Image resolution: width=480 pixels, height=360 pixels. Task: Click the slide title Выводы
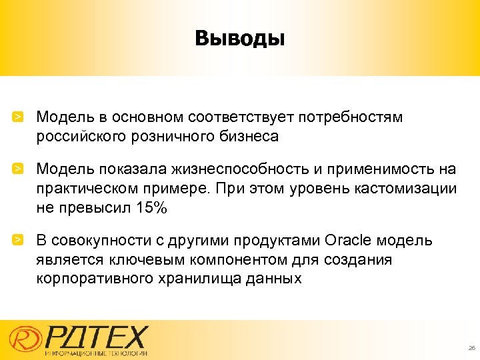[x=239, y=38]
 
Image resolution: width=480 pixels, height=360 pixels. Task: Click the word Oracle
[x=350, y=240]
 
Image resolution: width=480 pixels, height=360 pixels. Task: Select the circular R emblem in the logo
[x=25, y=339]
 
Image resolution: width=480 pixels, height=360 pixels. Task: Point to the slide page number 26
[x=471, y=348]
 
